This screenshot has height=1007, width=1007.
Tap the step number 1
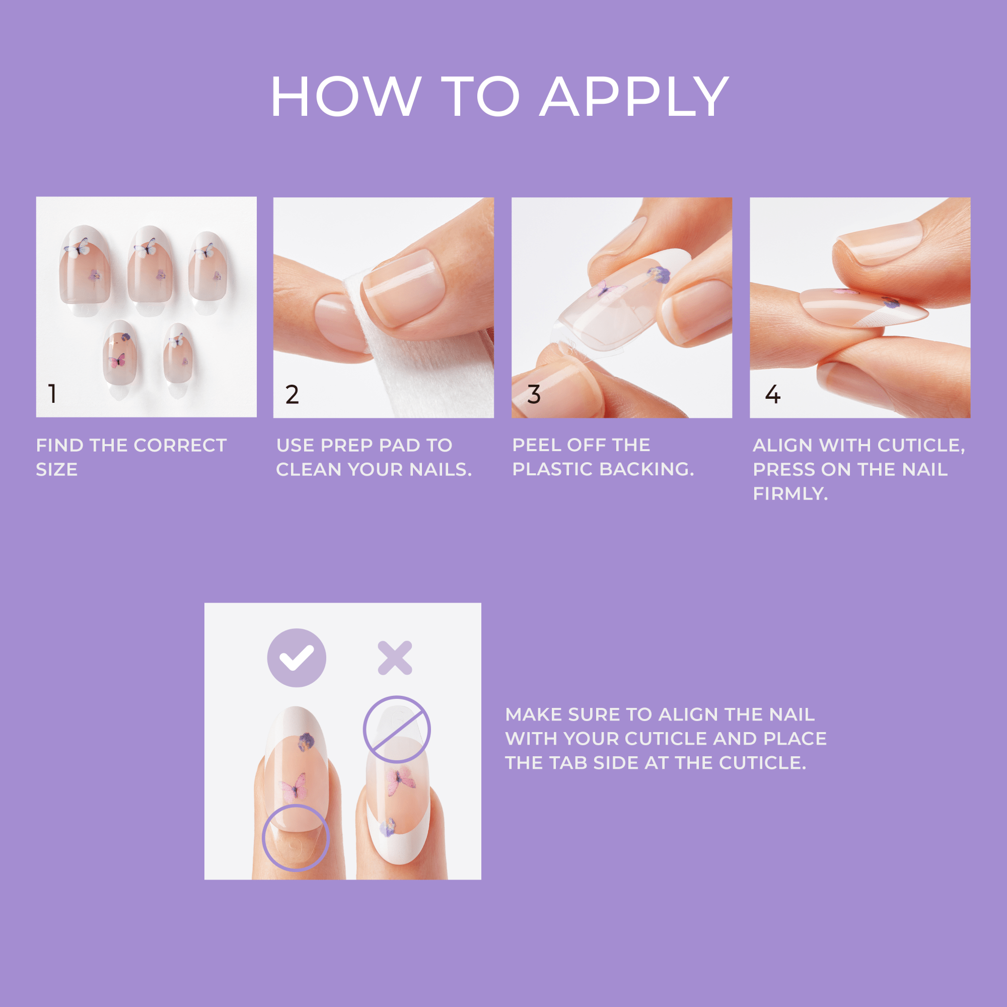pos(52,394)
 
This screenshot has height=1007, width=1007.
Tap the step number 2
pos(292,395)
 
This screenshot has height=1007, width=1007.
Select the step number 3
pos(534,395)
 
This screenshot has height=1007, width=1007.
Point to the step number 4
pos(772,395)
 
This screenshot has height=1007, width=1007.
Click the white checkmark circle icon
pos(297,658)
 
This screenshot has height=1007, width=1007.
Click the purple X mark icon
pos(395,658)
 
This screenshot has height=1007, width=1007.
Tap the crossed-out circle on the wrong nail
pos(397,730)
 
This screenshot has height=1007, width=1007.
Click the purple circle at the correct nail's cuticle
pos(296,838)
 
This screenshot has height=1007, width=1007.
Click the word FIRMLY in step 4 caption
pos(790,493)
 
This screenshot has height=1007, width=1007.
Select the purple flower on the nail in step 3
pos(659,274)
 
